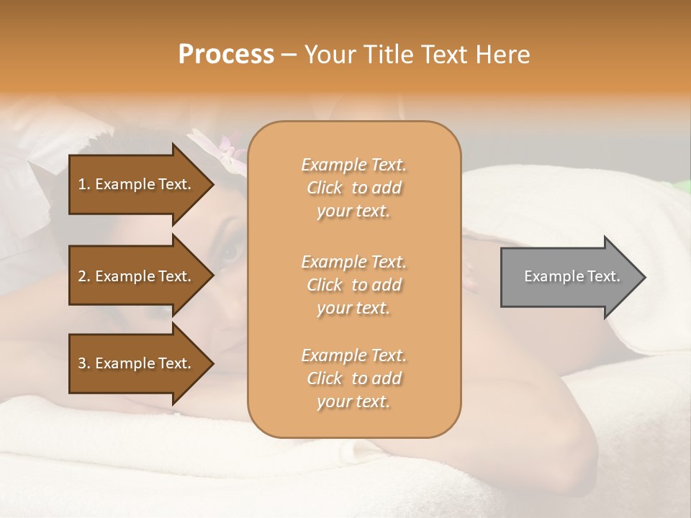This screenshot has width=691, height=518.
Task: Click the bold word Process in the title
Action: (x=226, y=55)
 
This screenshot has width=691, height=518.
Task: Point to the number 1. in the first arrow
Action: (x=84, y=184)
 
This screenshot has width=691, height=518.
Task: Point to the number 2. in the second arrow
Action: (x=84, y=276)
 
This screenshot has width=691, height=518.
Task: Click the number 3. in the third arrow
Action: (x=84, y=363)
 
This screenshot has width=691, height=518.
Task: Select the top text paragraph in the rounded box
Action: (x=353, y=188)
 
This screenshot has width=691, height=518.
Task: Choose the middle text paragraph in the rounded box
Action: (x=353, y=285)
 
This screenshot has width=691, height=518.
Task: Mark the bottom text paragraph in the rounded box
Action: (x=353, y=378)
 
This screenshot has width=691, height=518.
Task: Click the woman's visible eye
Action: (x=232, y=251)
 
